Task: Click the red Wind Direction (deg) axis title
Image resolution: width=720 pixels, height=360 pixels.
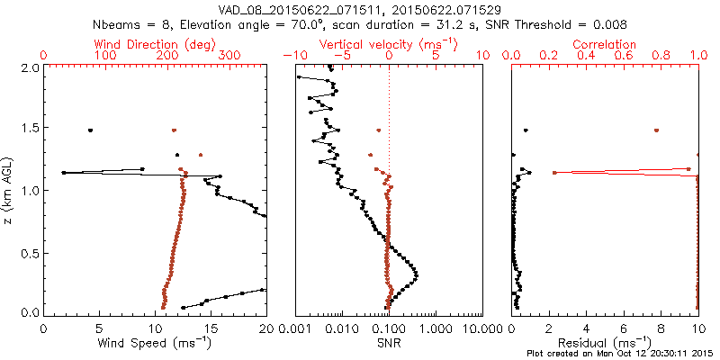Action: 156,44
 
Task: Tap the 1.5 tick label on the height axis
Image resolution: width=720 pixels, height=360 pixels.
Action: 31,129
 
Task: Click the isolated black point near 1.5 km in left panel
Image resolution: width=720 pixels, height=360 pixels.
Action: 90,130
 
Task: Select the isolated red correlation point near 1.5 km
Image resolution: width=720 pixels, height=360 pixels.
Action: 656,130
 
